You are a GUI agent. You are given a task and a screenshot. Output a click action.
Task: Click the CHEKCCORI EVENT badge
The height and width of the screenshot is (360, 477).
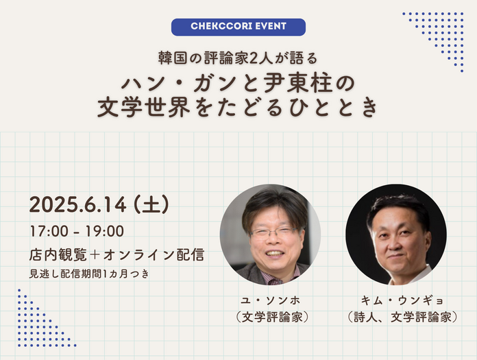[238, 27]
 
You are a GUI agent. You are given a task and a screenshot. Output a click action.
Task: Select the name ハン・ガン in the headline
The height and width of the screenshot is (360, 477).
[162, 84]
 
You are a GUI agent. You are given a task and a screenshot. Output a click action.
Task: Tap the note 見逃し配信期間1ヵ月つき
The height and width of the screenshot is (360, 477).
[89, 274]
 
